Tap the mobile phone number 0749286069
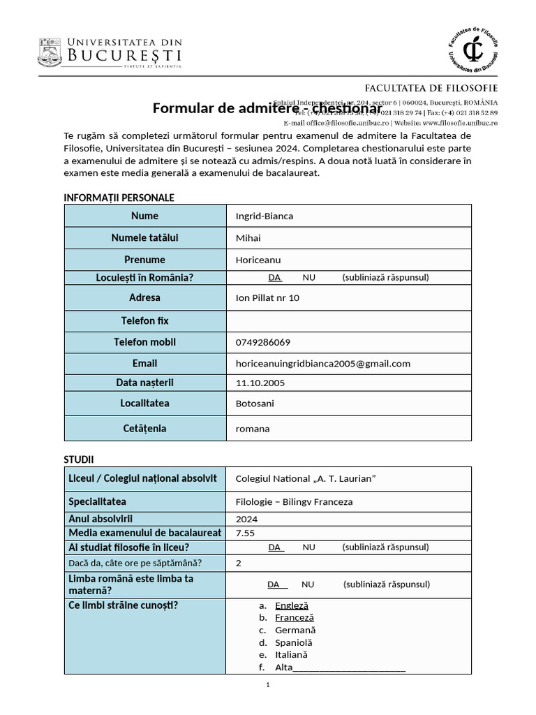point(263,342)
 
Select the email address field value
point(322,363)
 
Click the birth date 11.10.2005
point(260,383)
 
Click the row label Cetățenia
point(145,428)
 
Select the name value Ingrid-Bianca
point(265,216)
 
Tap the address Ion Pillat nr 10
point(267,297)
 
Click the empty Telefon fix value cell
point(348,321)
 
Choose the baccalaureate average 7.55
point(246,533)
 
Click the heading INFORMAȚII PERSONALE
point(119,198)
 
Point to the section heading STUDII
point(79,459)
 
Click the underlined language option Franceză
point(295,617)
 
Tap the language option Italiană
point(292,655)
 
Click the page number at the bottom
point(268,685)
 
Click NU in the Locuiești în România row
point(308,277)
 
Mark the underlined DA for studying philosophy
point(275,547)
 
